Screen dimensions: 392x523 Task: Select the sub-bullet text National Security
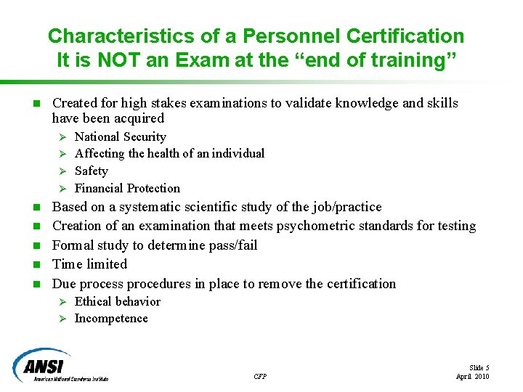[121, 136]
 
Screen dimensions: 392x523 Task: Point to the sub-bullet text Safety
[92, 171]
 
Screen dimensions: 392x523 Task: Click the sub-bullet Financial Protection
[127, 188]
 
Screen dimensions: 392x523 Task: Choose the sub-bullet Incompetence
[111, 319]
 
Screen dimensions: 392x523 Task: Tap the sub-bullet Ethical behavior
[118, 301]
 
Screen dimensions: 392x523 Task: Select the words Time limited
[89, 264]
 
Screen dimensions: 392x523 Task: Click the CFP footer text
[260, 376]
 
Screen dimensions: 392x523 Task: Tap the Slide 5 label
[479, 368]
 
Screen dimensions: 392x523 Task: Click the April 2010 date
[472, 376]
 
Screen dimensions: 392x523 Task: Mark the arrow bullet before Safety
[62, 171]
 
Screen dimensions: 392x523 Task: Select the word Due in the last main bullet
[64, 284]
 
